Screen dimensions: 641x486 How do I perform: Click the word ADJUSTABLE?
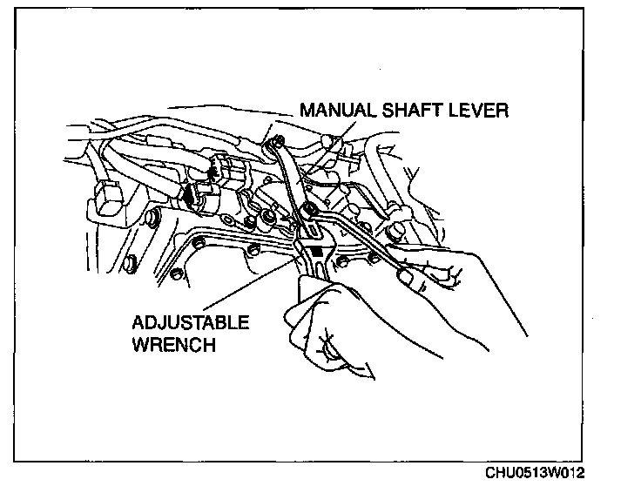[x=190, y=322]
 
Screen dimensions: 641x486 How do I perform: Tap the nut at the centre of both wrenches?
[x=308, y=210]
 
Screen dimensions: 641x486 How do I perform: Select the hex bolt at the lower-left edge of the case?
[x=131, y=261]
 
